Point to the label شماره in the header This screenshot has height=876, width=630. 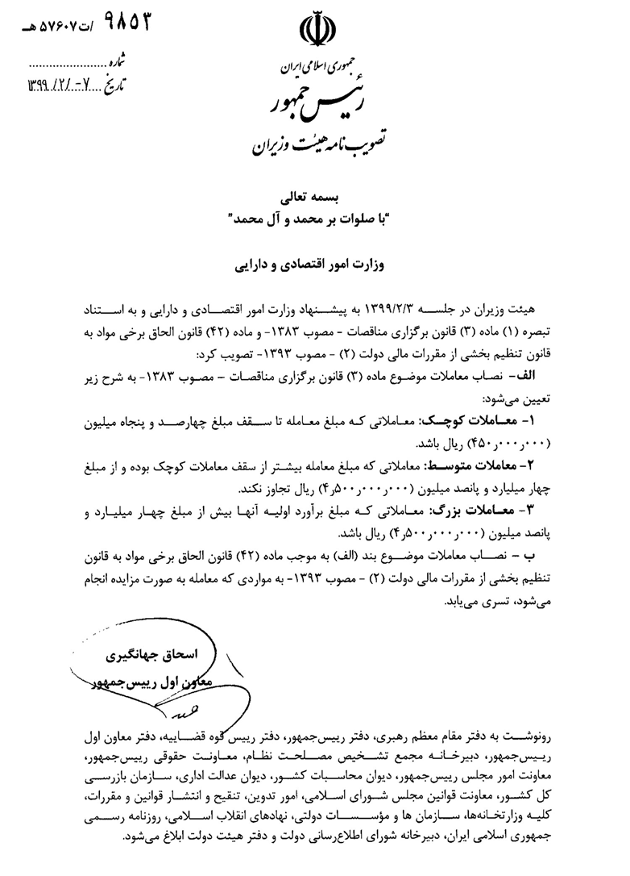(x=118, y=60)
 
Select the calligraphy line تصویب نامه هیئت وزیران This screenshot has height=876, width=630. (x=310, y=143)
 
